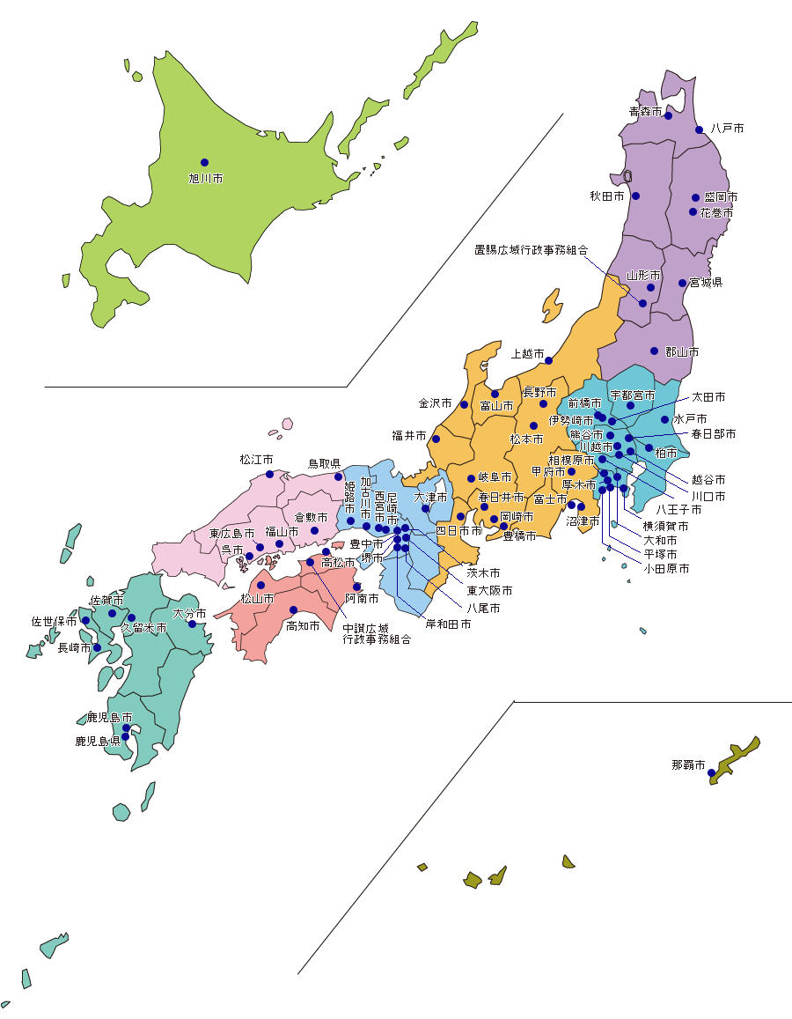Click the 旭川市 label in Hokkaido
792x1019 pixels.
206,179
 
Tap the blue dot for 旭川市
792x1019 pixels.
204,162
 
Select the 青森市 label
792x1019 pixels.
645,112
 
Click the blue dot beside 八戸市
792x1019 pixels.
700,129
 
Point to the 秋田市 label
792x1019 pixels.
607,196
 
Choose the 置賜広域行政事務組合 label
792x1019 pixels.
532,250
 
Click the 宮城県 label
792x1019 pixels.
706,284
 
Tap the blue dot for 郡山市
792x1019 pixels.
654,351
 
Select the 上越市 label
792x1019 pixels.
528,355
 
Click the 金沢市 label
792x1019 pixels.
436,403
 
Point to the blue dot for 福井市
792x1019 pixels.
436,439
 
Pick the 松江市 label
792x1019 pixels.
257,460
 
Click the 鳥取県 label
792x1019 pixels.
324,463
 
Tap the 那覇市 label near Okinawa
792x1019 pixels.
688,765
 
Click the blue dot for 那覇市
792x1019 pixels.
712,773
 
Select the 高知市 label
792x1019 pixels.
303,626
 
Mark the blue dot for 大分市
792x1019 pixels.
192,624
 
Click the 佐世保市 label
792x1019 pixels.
55,622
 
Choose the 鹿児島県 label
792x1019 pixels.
98,742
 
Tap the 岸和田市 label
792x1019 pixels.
448,624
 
